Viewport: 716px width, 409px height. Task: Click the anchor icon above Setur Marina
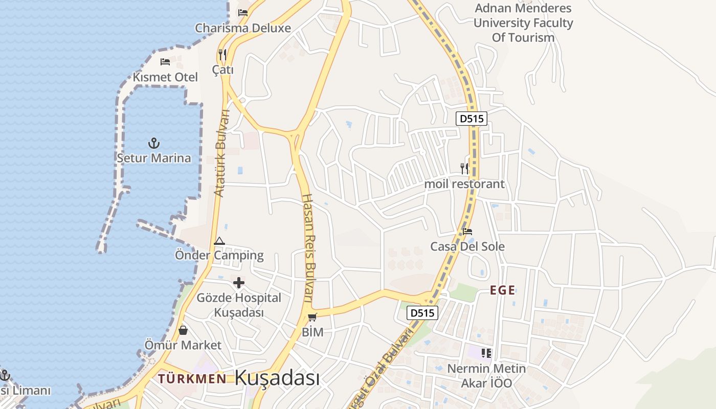(x=153, y=143)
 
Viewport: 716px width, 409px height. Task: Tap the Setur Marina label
(x=153, y=158)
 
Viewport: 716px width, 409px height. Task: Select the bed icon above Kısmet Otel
(x=165, y=62)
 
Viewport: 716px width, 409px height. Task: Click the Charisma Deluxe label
(x=242, y=28)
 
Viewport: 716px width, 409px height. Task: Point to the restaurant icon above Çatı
(x=222, y=54)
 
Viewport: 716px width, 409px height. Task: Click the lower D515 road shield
(x=422, y=313)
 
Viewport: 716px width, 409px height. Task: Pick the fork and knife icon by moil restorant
(x=464, y=168)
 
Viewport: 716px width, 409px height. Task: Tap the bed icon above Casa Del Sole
(x=467, y=232)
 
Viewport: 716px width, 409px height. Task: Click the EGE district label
(x=502, y=290)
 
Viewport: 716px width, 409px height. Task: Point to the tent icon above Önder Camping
(x=219, y=241)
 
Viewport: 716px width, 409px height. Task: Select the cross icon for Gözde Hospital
(x=239, y=283)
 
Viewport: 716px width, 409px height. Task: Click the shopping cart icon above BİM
(x=312, y=317)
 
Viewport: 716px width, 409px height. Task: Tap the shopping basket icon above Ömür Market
(x=183, y=330)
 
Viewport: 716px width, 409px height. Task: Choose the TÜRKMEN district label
(x=192, y=378)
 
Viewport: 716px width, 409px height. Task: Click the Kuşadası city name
(x=277, y=378)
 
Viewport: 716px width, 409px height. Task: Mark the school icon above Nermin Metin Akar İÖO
(x=486, y=353)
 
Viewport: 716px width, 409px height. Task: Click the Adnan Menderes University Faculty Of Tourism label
(x=523, y=23)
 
